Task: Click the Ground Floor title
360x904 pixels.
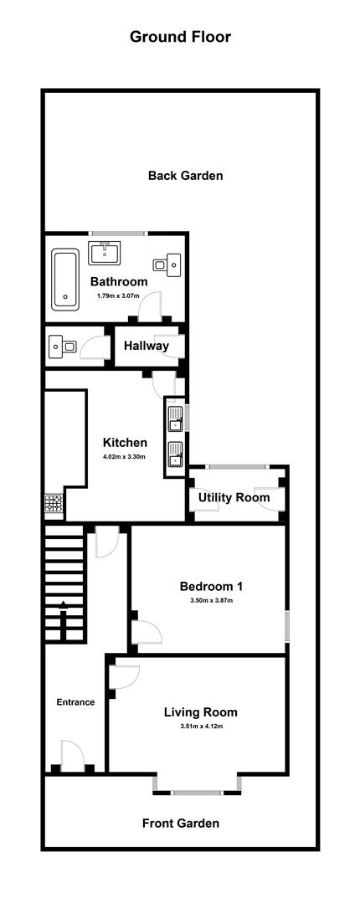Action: [x=180, y=37]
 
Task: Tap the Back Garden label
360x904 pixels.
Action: [x=185, y=176]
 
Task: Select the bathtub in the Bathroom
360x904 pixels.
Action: [x=65, y=279]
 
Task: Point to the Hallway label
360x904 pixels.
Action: [x=147, y=346]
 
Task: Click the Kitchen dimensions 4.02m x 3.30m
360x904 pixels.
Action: [x=125, y=457]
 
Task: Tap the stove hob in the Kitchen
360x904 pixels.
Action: [x=54, y=506]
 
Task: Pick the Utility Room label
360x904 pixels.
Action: [x=234, y=497]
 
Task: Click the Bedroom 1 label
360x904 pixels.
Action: [x=211, y=587]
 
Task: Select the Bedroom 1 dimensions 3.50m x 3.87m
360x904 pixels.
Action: [x=211, y=601]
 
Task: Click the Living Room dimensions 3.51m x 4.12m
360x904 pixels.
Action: [x=201, y=727]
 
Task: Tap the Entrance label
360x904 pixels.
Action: [x=75, y=702]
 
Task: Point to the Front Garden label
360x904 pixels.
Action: [x=181, y=824]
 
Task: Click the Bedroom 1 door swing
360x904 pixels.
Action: [x=147, y=633]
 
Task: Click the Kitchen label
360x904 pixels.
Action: [x=125, y=443]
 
